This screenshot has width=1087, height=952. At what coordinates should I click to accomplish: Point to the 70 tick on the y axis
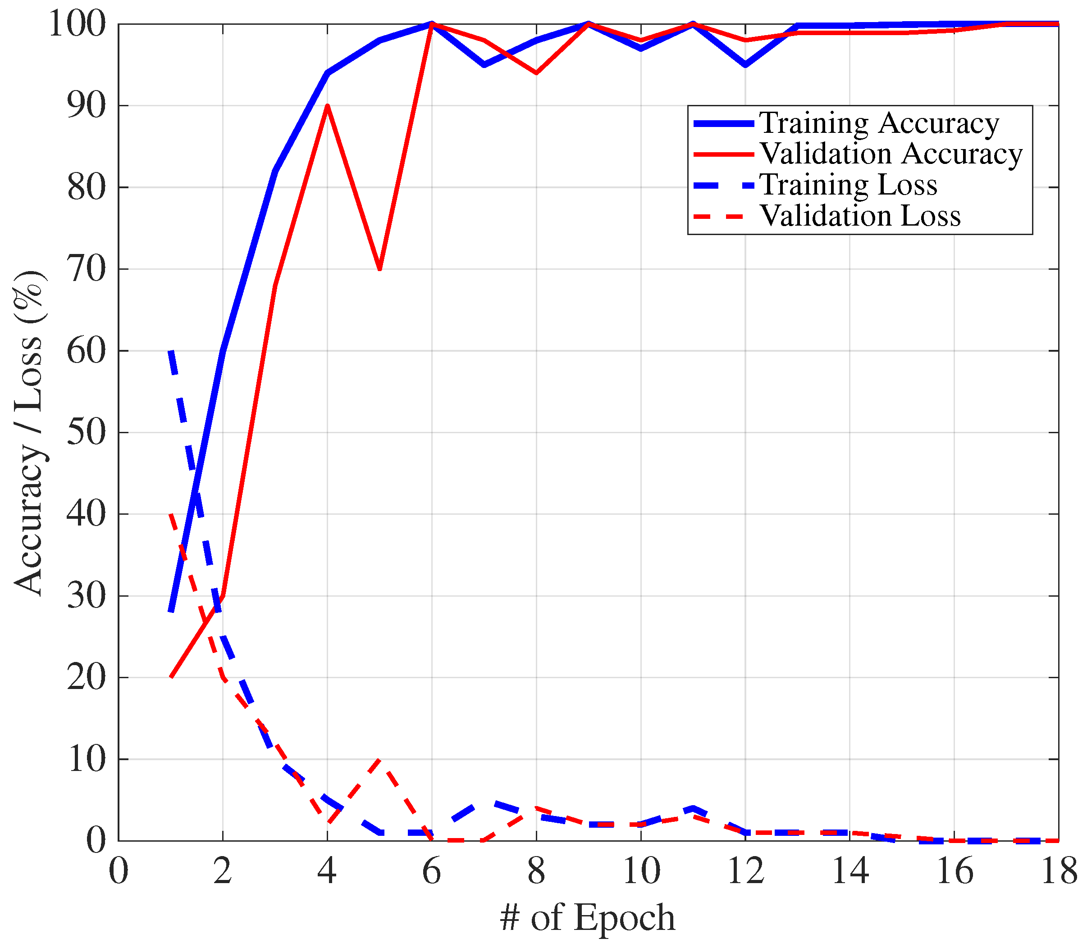tap(86, 269)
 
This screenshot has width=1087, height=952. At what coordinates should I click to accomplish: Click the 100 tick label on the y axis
tap(78, 24)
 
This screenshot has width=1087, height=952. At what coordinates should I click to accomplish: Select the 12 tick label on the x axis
tap(745, 872)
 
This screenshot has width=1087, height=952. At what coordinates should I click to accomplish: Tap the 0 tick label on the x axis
tap(118, 872)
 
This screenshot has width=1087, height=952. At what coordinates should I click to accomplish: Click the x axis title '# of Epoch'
tap(587, 917)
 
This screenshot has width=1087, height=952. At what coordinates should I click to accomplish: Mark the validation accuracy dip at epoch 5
tap(379, 269)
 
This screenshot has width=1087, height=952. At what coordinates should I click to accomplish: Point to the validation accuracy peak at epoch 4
tap(328, 106)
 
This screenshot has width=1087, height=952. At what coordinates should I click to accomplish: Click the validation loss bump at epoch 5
tap(379, 760)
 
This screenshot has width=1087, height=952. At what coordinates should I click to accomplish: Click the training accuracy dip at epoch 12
tap(745, 65)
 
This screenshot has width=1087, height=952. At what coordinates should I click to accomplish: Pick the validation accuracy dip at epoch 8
tap(536, 73)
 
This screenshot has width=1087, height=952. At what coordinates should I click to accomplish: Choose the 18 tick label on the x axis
tap(1058, 872)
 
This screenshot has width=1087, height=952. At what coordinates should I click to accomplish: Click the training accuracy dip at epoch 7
tap(484, 65)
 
